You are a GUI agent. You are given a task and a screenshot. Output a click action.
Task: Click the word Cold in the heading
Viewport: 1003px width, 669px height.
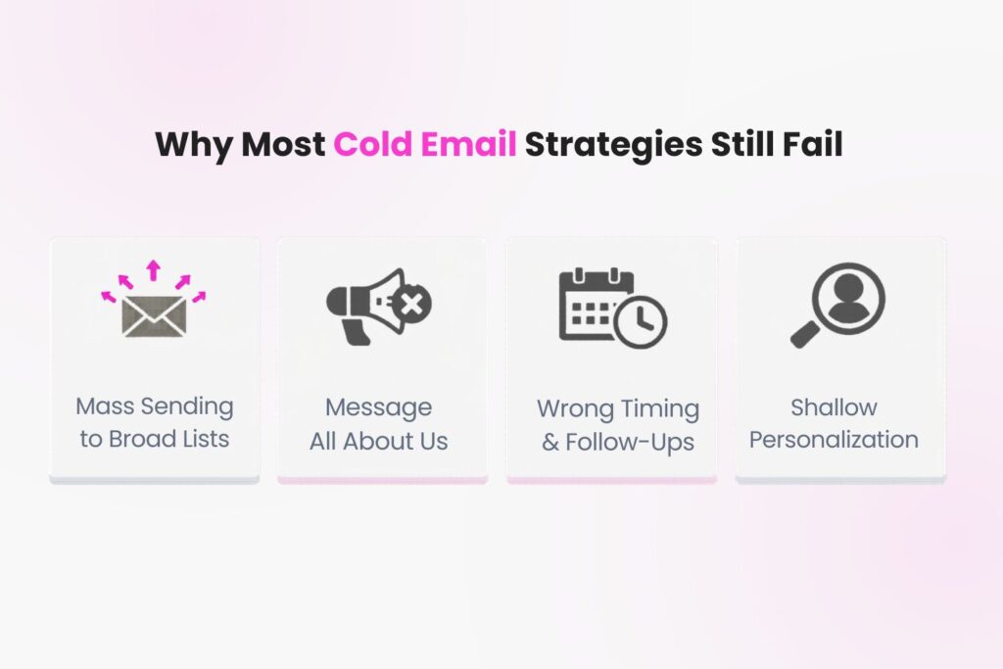(x=373, y=144)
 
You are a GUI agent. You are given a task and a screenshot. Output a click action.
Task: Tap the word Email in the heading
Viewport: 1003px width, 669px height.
(x=469, y=144)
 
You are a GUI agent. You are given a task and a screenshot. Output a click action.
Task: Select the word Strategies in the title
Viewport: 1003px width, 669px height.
(x=613, y=145)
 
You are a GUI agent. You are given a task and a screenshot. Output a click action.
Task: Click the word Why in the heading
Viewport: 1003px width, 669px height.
(x=194, y=145)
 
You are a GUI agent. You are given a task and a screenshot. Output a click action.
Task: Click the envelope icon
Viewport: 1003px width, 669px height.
(x=154, y=316)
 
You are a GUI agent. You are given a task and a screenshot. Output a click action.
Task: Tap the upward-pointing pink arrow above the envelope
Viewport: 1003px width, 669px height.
(x=153, y=270)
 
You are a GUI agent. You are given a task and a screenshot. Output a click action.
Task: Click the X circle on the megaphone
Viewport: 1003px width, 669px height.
(x=412, y=304)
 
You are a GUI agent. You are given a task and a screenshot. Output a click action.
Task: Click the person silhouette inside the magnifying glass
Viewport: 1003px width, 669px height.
(x=848, y=298)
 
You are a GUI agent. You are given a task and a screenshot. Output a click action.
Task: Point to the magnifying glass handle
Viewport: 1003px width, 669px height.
(x=805, y=335)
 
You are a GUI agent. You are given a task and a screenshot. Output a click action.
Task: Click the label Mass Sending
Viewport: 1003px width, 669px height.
(x=155, y=406)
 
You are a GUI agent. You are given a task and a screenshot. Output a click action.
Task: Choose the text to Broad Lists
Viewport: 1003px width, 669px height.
(x=155, y=439)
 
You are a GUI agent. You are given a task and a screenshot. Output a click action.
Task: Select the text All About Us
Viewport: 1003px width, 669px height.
(x=379, y=442)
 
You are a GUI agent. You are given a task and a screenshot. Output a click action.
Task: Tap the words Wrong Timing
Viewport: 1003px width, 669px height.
(x=618, y=409)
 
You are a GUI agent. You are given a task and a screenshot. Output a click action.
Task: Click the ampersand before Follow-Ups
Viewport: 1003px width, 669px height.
(x=550, y=442)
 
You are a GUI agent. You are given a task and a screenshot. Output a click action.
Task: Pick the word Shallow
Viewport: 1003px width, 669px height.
(x=835, y=407)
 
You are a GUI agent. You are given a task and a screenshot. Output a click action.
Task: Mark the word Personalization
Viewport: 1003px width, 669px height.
(x=835, y=440)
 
